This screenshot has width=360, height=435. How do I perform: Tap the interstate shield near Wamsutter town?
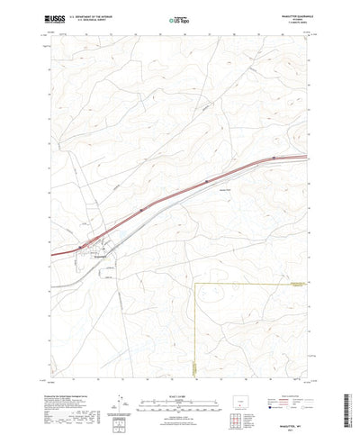click(82, 245)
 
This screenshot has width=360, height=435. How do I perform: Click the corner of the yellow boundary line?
click(197, 283)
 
